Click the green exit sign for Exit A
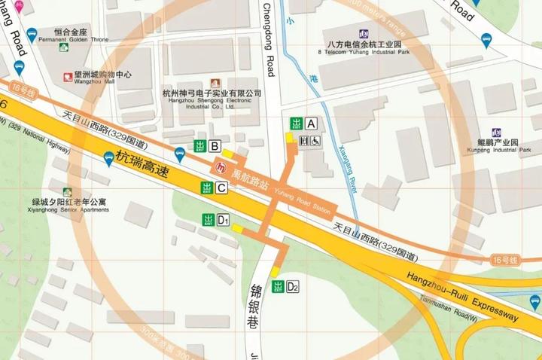(x=297, y=124)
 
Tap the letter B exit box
(x=215, y=146)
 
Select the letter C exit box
(x=221, y=188)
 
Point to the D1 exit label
(x=223, y=220)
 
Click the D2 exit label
(x=293, y=287)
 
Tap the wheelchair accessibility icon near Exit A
(x=316, y=140)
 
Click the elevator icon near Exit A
(x=304, y=140)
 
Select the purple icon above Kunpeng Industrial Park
(x=496, y=133)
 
